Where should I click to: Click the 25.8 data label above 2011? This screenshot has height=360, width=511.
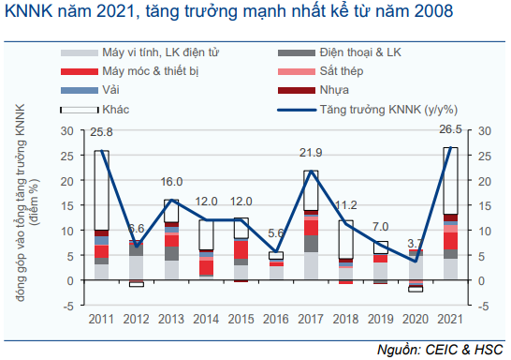click(101, 132)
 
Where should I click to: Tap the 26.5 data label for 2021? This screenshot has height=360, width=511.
click(450, 129)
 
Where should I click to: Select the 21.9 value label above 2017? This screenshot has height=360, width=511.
click(311, 153)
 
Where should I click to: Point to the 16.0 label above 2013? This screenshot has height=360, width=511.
click(171, 182)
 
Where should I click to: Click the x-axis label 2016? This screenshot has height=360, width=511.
click(276, 319)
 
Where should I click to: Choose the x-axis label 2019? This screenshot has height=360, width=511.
click(381, 319)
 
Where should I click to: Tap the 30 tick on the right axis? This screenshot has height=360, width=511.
click(485, 131)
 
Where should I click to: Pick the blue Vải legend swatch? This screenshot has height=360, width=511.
click(80, 90)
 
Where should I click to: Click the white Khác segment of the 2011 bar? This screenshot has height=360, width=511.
click(101, 190)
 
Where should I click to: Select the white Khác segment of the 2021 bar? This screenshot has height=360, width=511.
click(450, 181)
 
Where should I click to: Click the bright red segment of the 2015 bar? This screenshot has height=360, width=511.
click(241, 249)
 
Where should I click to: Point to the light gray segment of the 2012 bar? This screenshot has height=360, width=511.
click(137, 267)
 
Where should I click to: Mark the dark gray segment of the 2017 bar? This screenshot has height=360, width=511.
click(311, 244)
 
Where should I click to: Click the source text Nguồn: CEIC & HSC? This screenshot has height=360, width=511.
click(440, 350)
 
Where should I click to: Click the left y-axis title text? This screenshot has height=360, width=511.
click(26, 202)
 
